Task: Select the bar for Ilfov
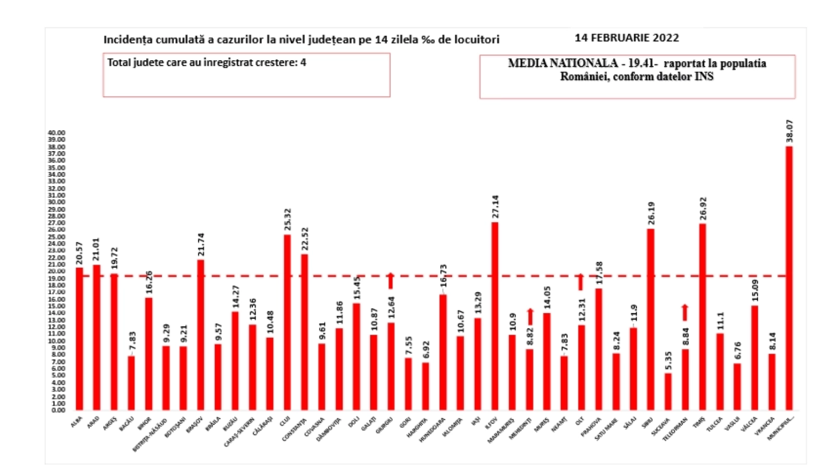click(x=494, y=316)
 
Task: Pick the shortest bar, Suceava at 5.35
click(x=668, y=392)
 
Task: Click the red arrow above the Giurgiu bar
click(x=390, y=281)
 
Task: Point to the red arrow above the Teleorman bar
click(x=685, y=312)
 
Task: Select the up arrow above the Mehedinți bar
click(x=530, y=316)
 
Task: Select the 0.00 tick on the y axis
click(x=58, y=410)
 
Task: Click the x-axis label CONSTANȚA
click(x=294, y=430)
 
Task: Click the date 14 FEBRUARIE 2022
click(x=627, y=38)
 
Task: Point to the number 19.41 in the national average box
click(x=639, y=64)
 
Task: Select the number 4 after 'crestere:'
click(x=303, y=63)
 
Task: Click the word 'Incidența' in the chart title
click(x=126, y=40)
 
